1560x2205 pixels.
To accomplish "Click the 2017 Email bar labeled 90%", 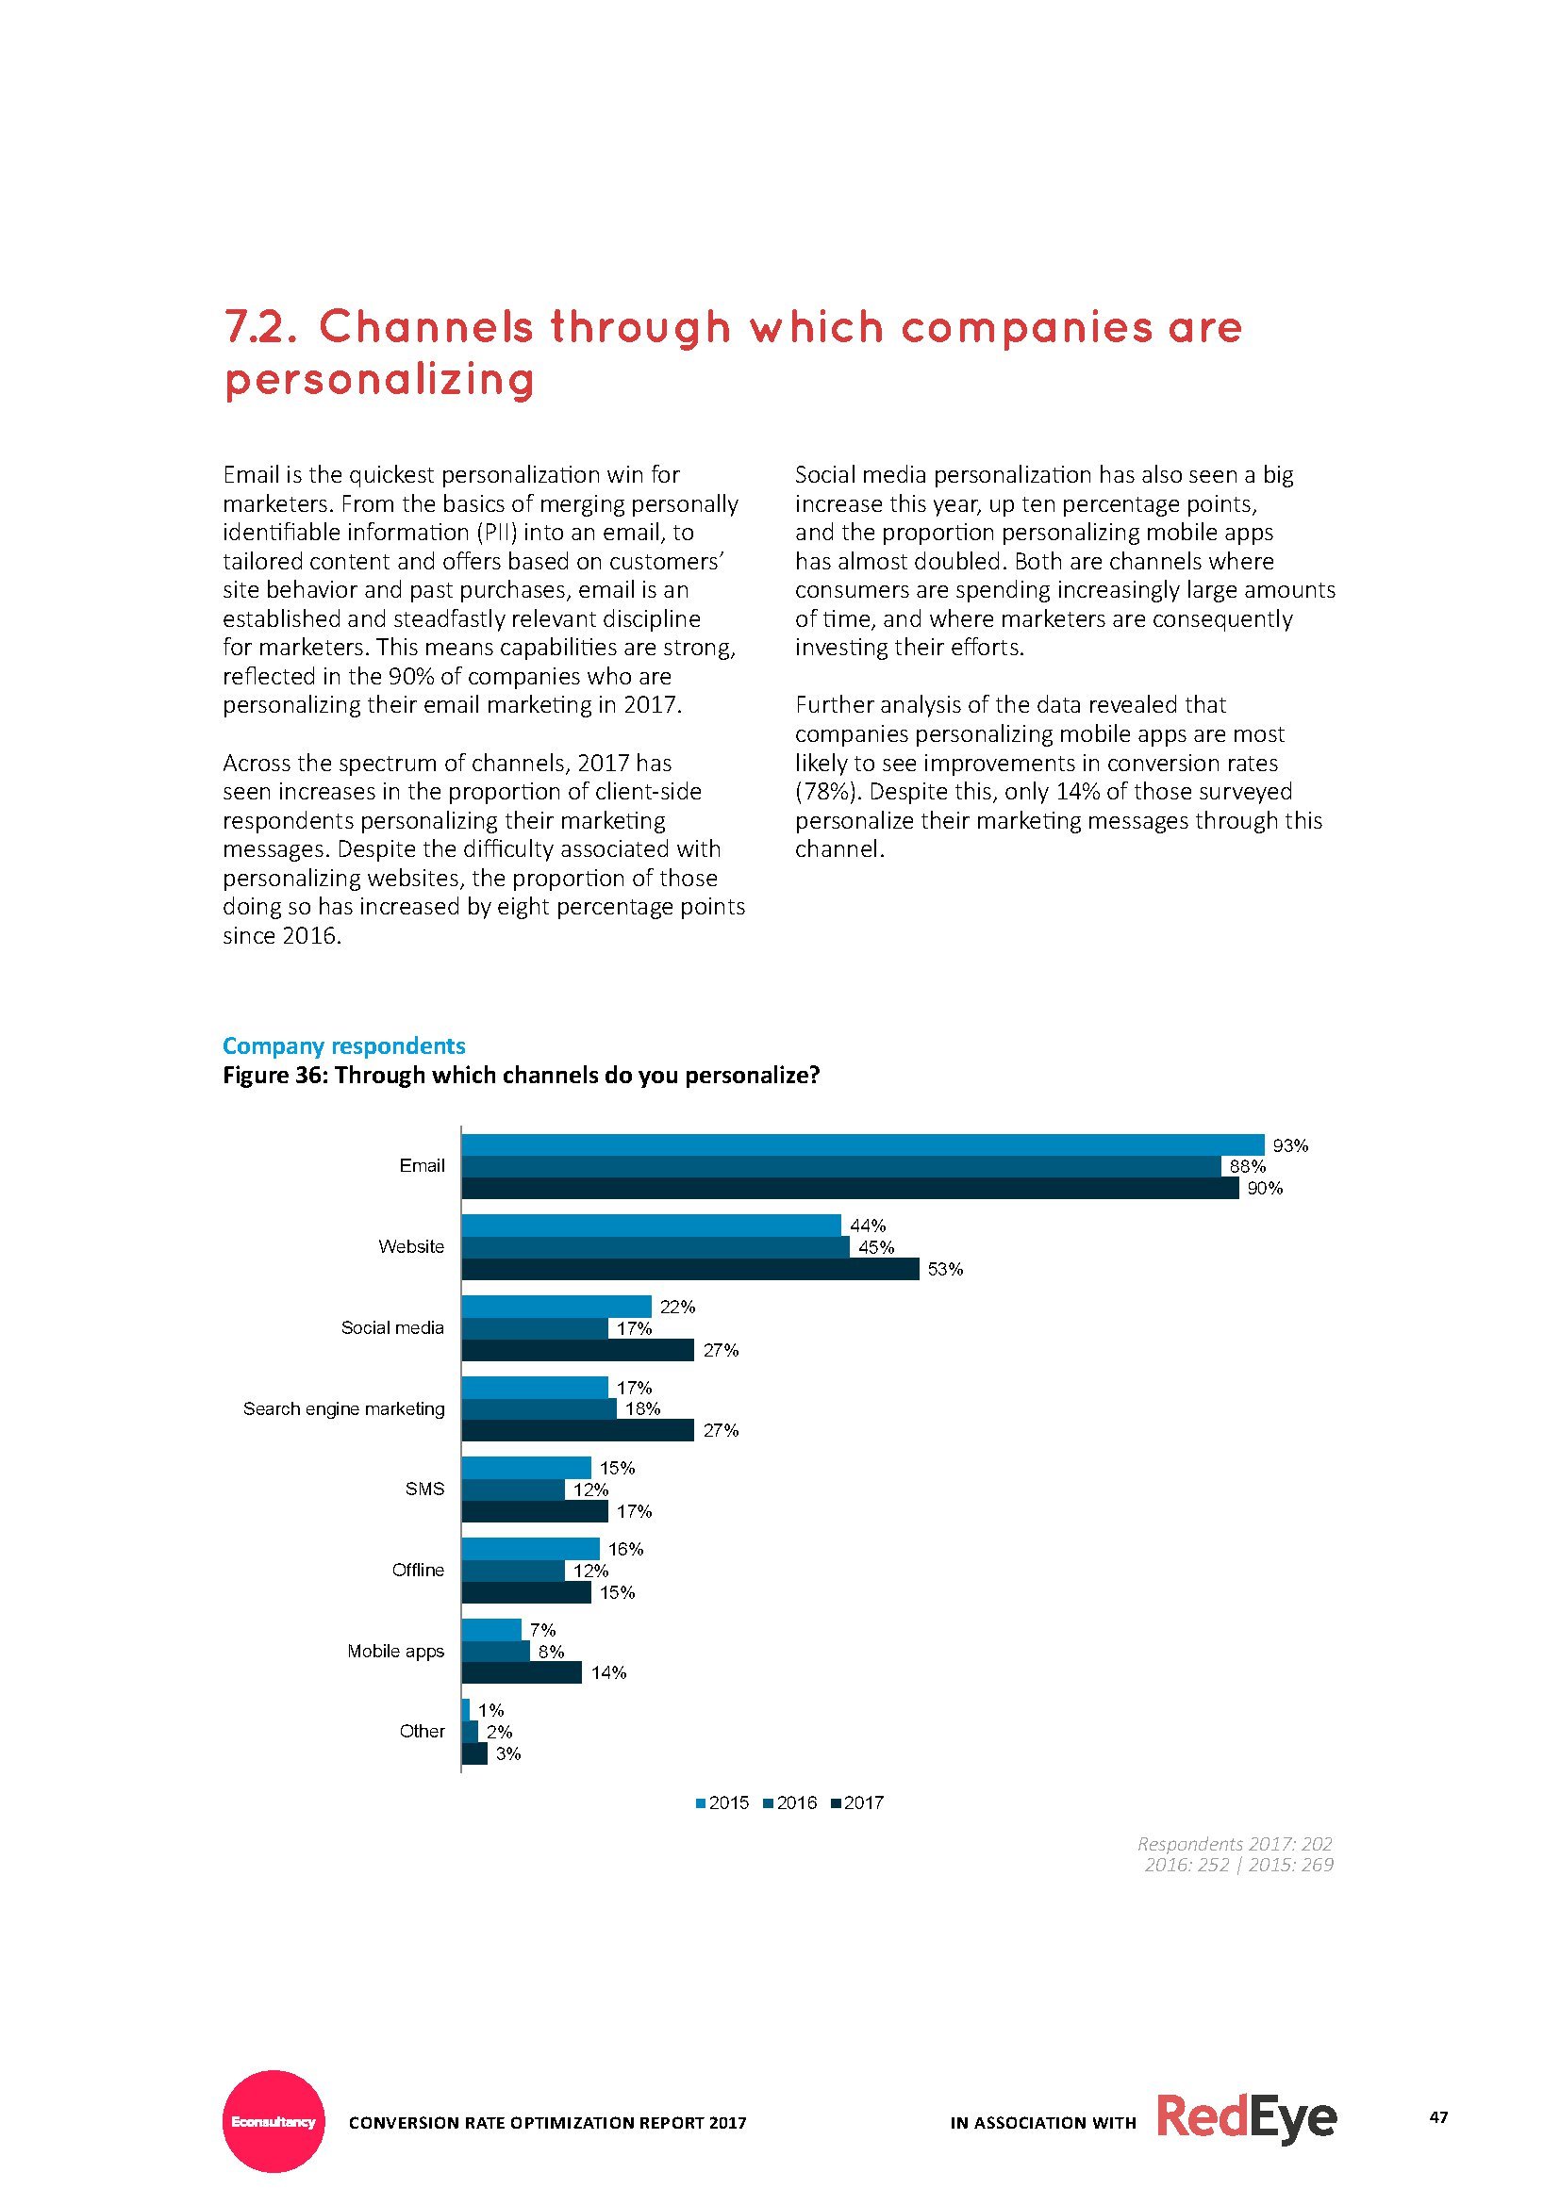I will [x=850, y=1188].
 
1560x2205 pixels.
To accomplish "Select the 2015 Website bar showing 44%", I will [x=652, y=1225].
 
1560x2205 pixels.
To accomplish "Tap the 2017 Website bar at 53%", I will [x=690, y=1269].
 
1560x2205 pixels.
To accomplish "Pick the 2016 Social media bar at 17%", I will [x=535, y=1328].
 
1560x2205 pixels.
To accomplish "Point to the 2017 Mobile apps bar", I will [x=522, y=1672].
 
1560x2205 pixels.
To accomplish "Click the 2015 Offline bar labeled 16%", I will [x=530, y=1548].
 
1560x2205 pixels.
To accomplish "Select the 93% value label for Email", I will [x=1290, y=1145].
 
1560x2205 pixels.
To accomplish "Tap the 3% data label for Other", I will [x=508, y=1753].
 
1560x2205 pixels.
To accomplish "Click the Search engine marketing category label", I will [x=344, y=1408].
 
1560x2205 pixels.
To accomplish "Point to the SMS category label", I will [x=424, y=1489].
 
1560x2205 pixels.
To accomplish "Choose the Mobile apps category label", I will [x=396, y=1651].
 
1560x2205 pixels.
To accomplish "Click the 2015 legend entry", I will [x=722, y=1802].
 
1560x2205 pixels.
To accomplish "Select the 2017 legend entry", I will [x=856, y=1802].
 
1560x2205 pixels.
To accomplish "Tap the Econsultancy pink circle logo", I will [x=274, y=2120].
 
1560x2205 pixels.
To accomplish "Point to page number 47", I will [x=1438, y=2116].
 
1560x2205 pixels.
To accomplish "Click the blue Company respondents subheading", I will [x=344, y=1045].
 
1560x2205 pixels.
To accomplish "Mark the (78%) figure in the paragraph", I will [x=824, y=791].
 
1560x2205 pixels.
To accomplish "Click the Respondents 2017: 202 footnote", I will [x=1235, y=1843].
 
